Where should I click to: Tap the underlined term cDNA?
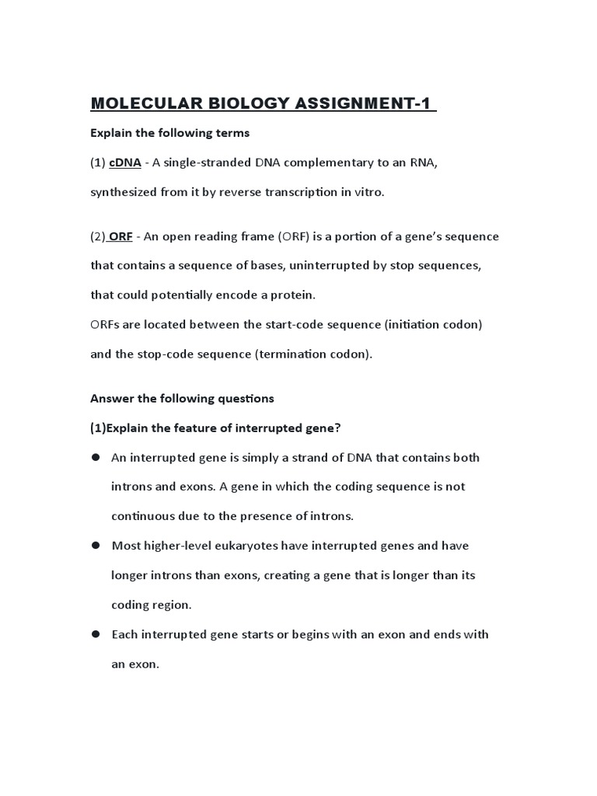point(125,162)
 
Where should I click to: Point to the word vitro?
point(368,191)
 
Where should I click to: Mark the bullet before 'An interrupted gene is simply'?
point(96,457)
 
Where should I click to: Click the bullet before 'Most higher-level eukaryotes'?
point(96,546)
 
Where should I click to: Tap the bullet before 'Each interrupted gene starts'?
point(96,634)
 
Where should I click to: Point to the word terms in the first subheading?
point(231,133)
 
